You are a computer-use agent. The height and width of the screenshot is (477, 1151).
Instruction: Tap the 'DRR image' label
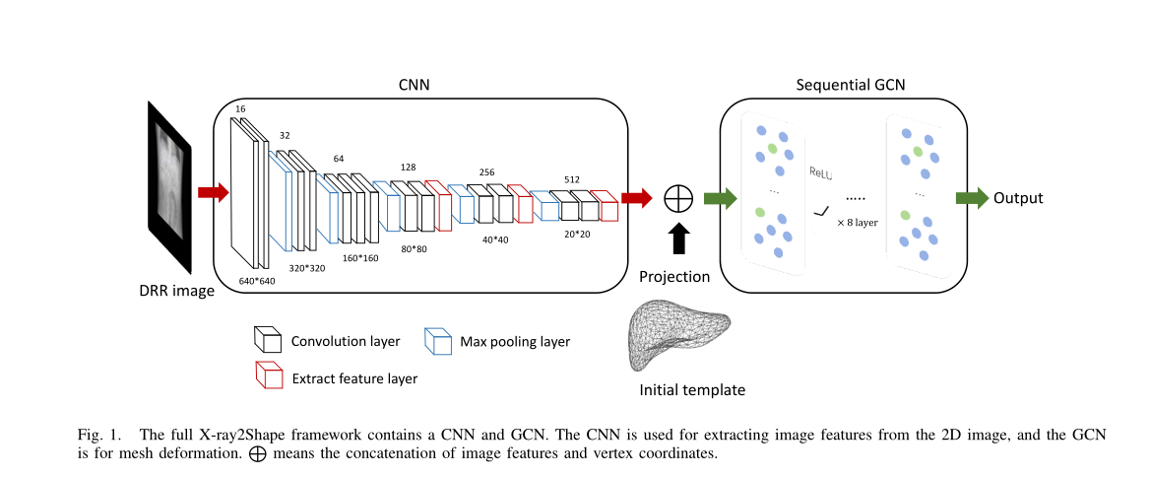click(175, 290)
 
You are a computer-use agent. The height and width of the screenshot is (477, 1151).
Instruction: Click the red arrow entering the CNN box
click(213, 192)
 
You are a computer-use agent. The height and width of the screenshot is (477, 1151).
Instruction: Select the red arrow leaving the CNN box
click(637, 198)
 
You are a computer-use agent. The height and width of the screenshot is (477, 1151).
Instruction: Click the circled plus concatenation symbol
click(679, 198)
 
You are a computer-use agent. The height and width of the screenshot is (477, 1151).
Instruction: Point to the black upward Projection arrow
click(679, 239)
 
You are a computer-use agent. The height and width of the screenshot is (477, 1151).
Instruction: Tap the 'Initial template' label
click(692, 389)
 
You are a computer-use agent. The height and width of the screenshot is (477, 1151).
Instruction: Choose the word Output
click(1018, 198)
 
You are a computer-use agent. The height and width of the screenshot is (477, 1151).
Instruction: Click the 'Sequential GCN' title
click(851, 85)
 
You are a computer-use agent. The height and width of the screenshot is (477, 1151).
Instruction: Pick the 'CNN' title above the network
click(413, 85)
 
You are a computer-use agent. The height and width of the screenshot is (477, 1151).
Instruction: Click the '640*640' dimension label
click(257, 281)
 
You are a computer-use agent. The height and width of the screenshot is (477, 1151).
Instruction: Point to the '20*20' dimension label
click(577, 235)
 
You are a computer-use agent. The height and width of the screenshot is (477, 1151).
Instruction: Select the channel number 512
click(572, 179)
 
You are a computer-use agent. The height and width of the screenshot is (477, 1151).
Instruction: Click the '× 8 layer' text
click(857, 223)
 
